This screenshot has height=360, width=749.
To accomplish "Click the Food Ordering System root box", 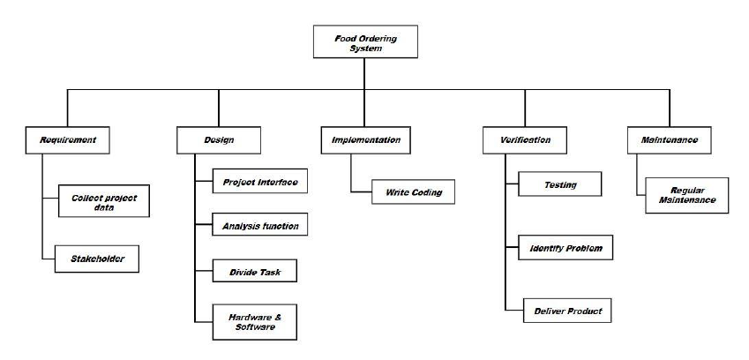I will tap(365, 41).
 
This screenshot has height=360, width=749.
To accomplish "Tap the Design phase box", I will tap(219, 139).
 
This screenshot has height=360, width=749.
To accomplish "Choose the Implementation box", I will tap(365, 139).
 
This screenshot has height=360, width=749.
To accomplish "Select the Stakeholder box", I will tap(99, 259).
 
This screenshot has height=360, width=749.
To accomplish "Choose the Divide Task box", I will tap(254, 271).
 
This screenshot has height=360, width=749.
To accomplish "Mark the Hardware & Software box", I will tap(254, 321).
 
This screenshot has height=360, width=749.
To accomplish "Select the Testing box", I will tap(559, 185).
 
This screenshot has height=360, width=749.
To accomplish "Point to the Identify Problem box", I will tap(565, 249).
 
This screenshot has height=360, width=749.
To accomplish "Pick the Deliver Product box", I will tap(565, 311).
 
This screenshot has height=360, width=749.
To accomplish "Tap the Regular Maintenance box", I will tap(685, 195).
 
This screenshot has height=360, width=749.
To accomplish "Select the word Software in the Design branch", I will tap(254, 326).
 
